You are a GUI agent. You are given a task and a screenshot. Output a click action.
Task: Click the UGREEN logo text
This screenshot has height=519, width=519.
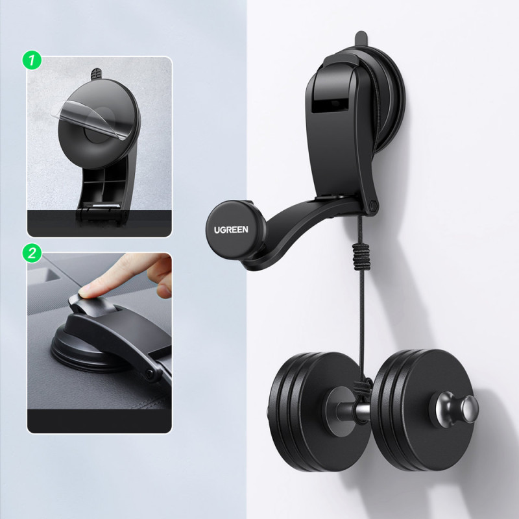click(231, 230)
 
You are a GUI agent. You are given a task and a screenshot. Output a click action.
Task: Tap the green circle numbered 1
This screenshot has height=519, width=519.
click(32, 60)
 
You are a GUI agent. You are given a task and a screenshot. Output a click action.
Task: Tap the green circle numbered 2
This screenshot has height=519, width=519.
click(32, 253)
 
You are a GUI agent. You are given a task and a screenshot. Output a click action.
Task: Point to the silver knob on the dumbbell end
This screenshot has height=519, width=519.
click(457, 411)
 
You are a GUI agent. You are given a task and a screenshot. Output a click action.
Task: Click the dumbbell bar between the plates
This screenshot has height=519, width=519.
click(353, 411)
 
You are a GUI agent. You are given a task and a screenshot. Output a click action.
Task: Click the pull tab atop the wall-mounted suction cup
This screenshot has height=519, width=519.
click(361, 39)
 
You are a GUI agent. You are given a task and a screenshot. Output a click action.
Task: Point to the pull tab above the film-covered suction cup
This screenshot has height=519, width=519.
click(96, 74)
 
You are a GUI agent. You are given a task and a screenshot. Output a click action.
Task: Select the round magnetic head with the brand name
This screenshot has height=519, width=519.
click(232, 230)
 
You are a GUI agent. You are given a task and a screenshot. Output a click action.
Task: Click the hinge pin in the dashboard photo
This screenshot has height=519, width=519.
click(151, 374)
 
